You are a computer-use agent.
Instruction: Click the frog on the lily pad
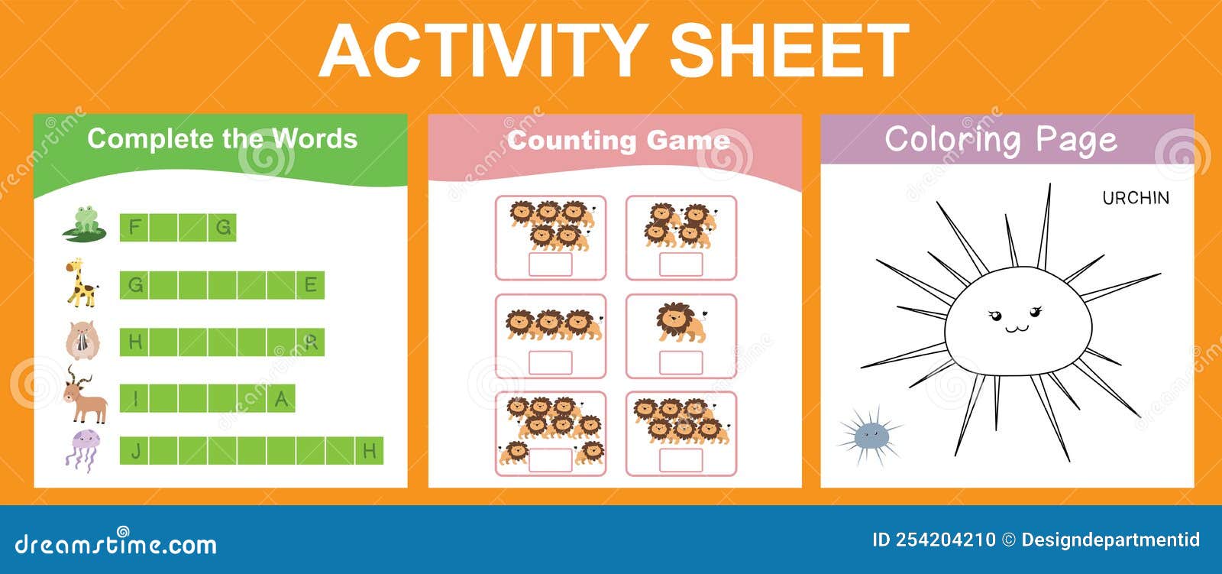pyautogui.click(x=85, y=222)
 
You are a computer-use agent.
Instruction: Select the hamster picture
pyautogui.click(x=82, y=341)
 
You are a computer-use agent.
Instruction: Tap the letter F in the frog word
pyautogui.click(x=135, y=227)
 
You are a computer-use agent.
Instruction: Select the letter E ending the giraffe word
pyautogui.click(x=310, y=285)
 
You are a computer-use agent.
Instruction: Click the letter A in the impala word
pyautogui.click(x=281, y=398)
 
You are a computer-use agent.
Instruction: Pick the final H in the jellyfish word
pyautogui.click(x=369, y=451)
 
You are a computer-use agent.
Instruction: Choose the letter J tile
pyautogui.click(x=135, y=451)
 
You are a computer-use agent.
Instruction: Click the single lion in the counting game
pyautogui.click(x=679, y=322)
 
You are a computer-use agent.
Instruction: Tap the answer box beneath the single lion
pyautogui.click(x=681, y=362)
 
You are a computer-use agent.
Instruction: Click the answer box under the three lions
pyautogui.click(x=550, y=362)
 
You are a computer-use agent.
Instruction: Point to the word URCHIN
pyautogui.click(x=1135, y=198)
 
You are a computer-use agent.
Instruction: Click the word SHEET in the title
pyautogui.click(x=788, y=50)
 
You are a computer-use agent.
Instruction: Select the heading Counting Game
pyautogui.click(x=618, y=141)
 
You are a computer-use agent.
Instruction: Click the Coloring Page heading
pyautogui.click(x=1001, y=140)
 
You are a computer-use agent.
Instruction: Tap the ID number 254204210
pyautogui.click(x=945, y=540)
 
